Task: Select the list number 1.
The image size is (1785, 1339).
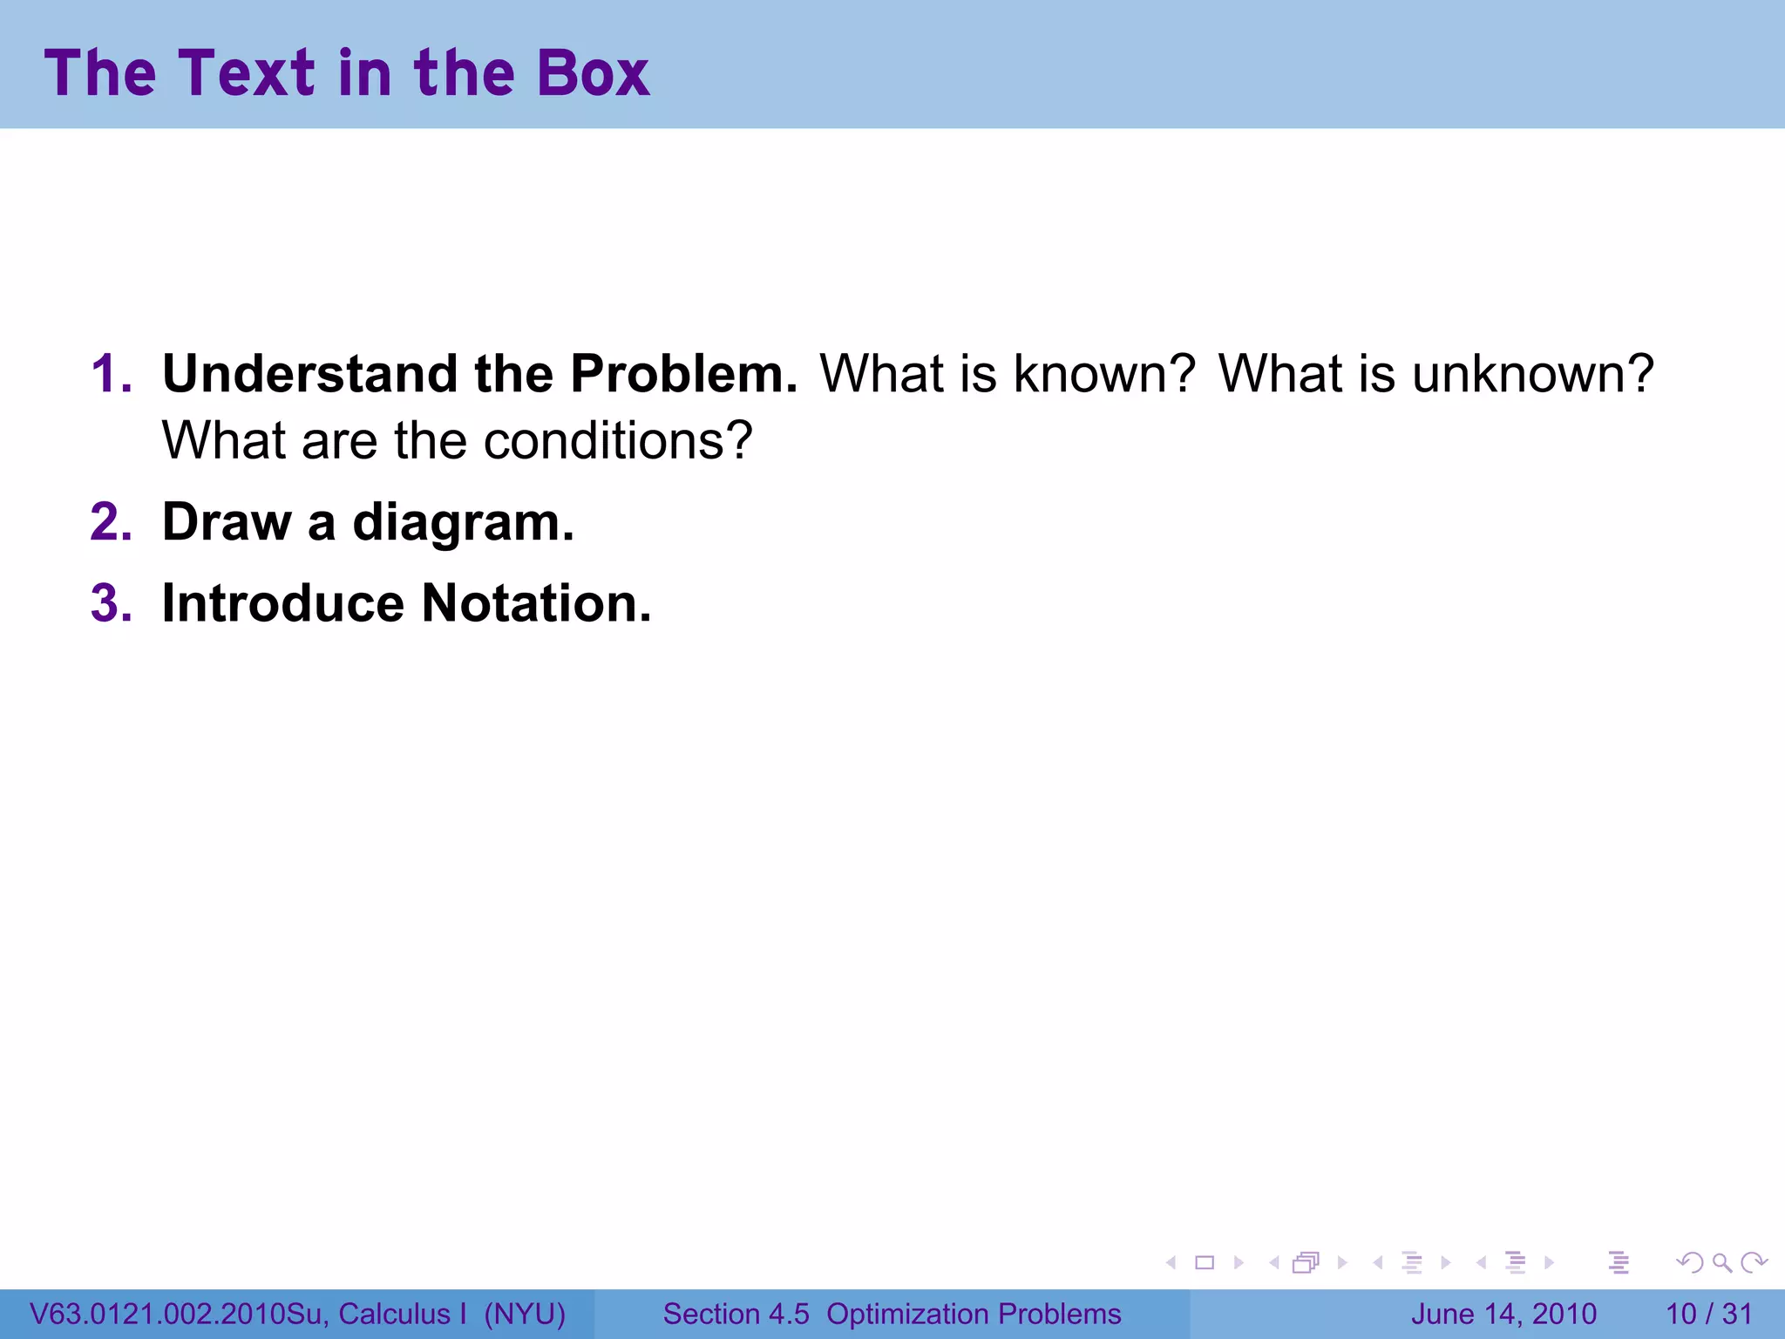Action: (x=112, y=374)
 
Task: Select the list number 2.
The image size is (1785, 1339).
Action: (x=112, y=522)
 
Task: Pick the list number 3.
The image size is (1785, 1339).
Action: (x=112, y=603)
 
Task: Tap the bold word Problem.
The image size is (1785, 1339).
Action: (x=683, y=374)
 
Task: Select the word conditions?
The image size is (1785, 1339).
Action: (x=617, y=441)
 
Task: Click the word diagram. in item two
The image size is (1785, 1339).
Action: (x=463, y=524)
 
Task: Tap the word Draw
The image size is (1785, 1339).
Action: (x=227, y=522)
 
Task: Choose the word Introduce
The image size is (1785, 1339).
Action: (x=283, y=603)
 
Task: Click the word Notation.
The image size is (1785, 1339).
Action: (x=536, y=603)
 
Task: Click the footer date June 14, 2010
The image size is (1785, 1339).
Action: (x=1503, y=1314)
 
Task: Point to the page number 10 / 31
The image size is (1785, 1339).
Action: (x=1708, y=1314)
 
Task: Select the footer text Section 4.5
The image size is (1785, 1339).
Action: (x=736, y=1314)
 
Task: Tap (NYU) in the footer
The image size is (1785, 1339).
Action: (x=525, y=1314)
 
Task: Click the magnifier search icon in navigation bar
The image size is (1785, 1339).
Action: (x=1721, y=1262)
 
